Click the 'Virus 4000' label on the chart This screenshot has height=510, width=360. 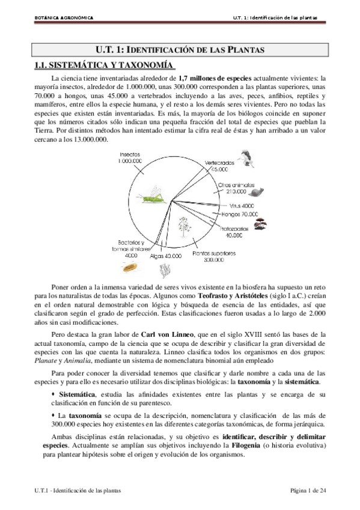pos(229,206)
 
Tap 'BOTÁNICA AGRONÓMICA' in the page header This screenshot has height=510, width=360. pos(63,17)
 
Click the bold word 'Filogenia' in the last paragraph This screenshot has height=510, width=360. pos(248,446)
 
